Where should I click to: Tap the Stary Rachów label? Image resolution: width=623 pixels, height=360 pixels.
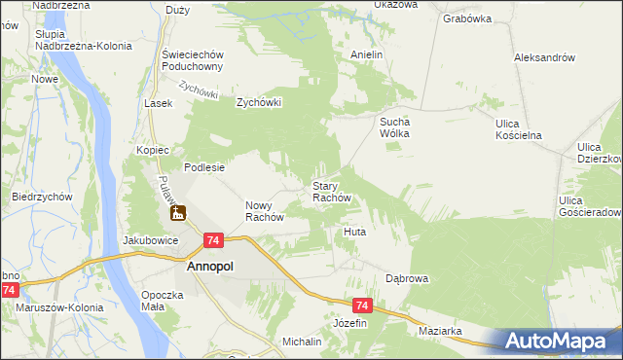tap(338, 191)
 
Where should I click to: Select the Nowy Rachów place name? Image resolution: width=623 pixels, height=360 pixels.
tap(263, 211)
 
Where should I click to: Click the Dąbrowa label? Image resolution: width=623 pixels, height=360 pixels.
tap(407, 278)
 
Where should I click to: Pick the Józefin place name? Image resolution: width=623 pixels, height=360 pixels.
tap(350, 322)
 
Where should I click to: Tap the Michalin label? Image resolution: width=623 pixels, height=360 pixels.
tap(302, 342)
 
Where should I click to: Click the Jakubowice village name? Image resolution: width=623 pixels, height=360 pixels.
tap(149, 239)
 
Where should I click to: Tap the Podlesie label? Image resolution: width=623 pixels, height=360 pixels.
tap(204, 167)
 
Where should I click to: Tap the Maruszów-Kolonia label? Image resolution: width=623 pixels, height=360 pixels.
tap(55, 308)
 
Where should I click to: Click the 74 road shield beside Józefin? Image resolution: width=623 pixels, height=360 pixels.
tap(362, 305)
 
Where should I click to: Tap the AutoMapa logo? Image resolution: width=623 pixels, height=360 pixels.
tap(562, 341)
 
